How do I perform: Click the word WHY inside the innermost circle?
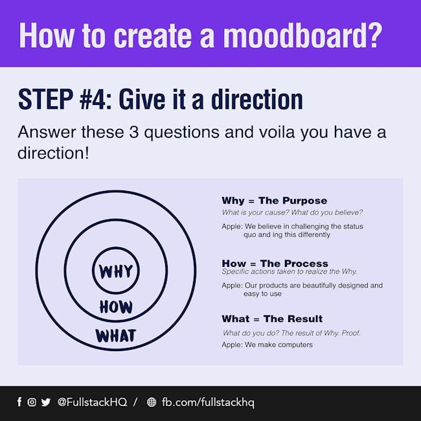pyautogui.click(x=116, y=271)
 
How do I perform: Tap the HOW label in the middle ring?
pyautogui.click(x=116, y=307)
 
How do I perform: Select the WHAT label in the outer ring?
pyautogui.click(x=116, y=336)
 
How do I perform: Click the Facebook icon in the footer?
pyautogui.click(x=19, y=402)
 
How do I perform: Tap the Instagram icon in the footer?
pyautogui.click(x=32, y=402)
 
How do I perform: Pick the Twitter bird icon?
pyautogui.click(x=46, y=402)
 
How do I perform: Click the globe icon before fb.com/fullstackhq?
pyautogui.click(x=152, y=402)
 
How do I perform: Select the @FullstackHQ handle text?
pyautogui.click(x=92, y=402)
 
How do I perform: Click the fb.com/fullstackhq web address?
pyautogui.click(x=208, y=402)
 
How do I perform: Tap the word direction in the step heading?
pyautogui.click(x=257, y=99)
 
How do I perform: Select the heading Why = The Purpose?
pyautogui.click(x=275, y=201)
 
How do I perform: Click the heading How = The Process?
pyautogui.click(x=275, y=263)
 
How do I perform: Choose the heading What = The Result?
pyautogui.click(x=272, y=319)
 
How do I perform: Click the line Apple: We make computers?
pyautogui.click(x=267, y=345)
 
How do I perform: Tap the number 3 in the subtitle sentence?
pyautogui.click(x=133, y=132)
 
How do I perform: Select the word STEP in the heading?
pyautogui.click(x=45, y=99)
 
